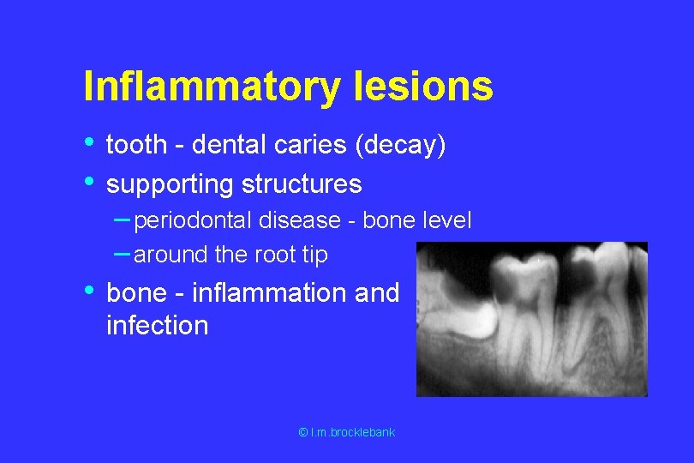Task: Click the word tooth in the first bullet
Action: click(x=135, y=146)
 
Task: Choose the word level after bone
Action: click(x=446, y=221)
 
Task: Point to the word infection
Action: click(x=157, y=326)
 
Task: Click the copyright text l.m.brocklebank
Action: click(x=346, y=433)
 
